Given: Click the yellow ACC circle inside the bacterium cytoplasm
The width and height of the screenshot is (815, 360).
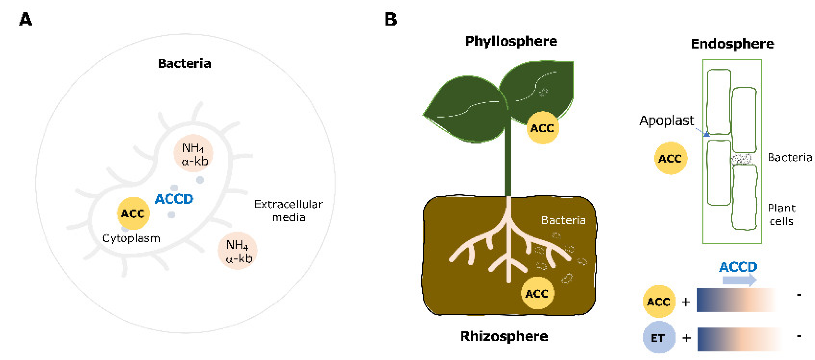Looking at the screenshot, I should (x=133, y=213).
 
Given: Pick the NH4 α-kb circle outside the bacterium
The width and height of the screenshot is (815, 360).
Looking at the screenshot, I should (x=238, y=251).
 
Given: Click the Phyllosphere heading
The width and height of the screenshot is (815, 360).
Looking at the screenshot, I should (x=511, y=41).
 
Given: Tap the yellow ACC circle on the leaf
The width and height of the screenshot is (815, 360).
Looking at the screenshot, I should (x=542, y=128).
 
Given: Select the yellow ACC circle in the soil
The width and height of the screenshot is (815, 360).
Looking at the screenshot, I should (x=537, y=293).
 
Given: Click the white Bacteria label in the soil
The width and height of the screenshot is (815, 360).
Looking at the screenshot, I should (x=563, y=220).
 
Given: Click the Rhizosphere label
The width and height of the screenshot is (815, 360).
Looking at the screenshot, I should (x=504, y=336).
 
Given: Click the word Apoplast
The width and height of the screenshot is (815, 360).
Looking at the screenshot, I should (x=666, y=121).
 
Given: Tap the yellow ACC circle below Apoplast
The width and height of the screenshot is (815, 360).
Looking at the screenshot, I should (x=670, y=158).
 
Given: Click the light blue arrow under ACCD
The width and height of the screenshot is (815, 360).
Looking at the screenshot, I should (x=739, y=280).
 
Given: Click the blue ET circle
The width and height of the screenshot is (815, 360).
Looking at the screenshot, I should (x=658, y=337).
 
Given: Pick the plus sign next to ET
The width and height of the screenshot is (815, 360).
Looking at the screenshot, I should (x=687, y=338).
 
